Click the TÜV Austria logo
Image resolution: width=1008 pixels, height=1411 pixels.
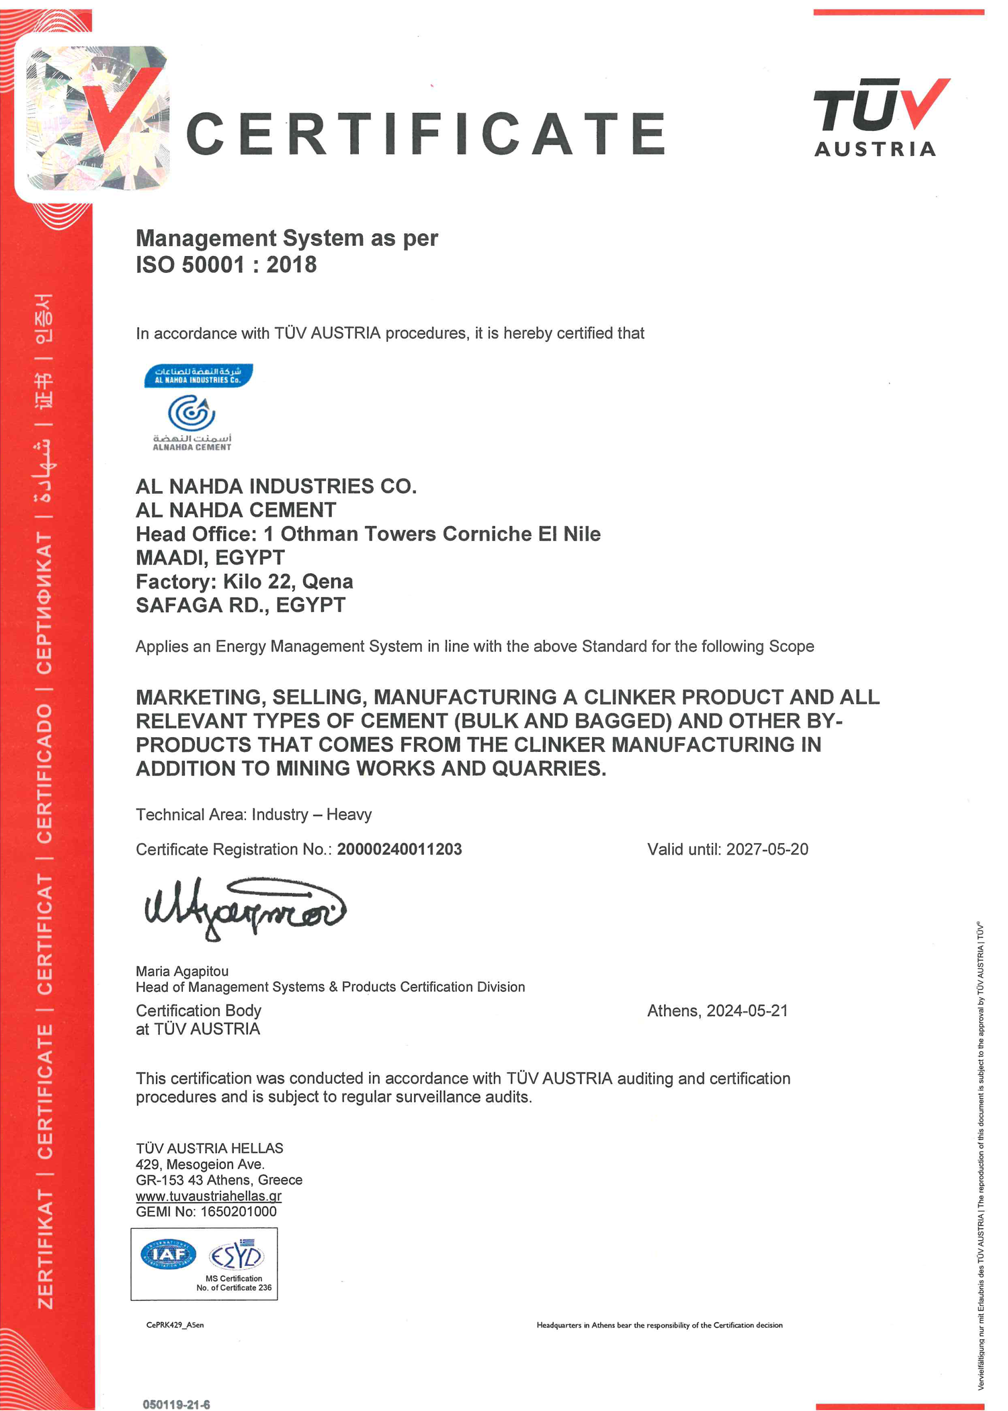(880, 118)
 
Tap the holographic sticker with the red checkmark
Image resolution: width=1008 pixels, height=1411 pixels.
(97, 118)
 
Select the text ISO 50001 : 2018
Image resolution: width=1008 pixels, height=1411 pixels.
(226, 265)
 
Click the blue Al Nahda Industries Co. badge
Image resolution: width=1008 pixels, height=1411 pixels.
(198, 376)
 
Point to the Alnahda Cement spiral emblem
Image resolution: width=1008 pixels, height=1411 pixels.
(192, 413)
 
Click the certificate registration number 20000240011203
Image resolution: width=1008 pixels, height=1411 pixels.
(399, 849)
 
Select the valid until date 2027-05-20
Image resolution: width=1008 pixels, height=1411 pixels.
(767, 849)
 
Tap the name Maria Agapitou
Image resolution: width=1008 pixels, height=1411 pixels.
(182, 971)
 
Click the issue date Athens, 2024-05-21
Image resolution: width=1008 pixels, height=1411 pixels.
(717, 1011)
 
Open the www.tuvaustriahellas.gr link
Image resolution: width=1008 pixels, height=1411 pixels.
(208, 1196)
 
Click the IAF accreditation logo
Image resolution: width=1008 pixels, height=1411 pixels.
(168, 1254)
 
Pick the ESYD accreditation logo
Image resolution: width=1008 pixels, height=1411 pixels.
(237, 1255)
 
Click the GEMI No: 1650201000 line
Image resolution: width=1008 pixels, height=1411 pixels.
(206, 1211)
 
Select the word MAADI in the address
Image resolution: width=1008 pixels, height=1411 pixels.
(169, 558)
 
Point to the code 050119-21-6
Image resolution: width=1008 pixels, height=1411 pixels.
(176, 1404)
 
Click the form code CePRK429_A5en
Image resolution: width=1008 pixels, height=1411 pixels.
(175, 1325)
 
